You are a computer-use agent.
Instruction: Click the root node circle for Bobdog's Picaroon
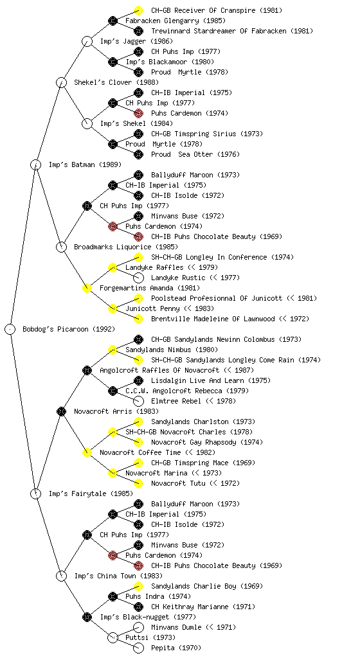point(10,329)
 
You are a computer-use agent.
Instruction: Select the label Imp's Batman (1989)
point(85,164)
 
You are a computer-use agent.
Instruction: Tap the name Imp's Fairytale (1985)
point(91,493)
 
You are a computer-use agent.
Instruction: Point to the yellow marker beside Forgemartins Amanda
point(87,288)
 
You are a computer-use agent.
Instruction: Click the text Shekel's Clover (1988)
point(116,82)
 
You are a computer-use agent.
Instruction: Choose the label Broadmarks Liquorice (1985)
point(126,247)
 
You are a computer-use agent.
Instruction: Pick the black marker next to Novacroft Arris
point(61,411)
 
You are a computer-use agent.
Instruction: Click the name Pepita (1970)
point(176,648)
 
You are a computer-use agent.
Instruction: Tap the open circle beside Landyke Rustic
point(138,278)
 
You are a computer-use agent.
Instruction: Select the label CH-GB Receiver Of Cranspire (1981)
point(217,10)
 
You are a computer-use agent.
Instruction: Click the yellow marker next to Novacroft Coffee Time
point(87,452)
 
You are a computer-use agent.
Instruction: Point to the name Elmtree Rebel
point(177,401)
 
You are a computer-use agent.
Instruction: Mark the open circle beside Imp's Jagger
point(87,41)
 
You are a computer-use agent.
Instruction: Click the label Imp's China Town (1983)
point(118,576)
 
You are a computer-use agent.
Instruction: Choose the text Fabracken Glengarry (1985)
point(175,21)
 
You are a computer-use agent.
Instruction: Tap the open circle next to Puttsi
point(113,637)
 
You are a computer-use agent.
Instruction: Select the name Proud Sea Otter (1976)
point(195,154)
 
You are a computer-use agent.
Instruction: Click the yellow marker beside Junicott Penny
point(113,308)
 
